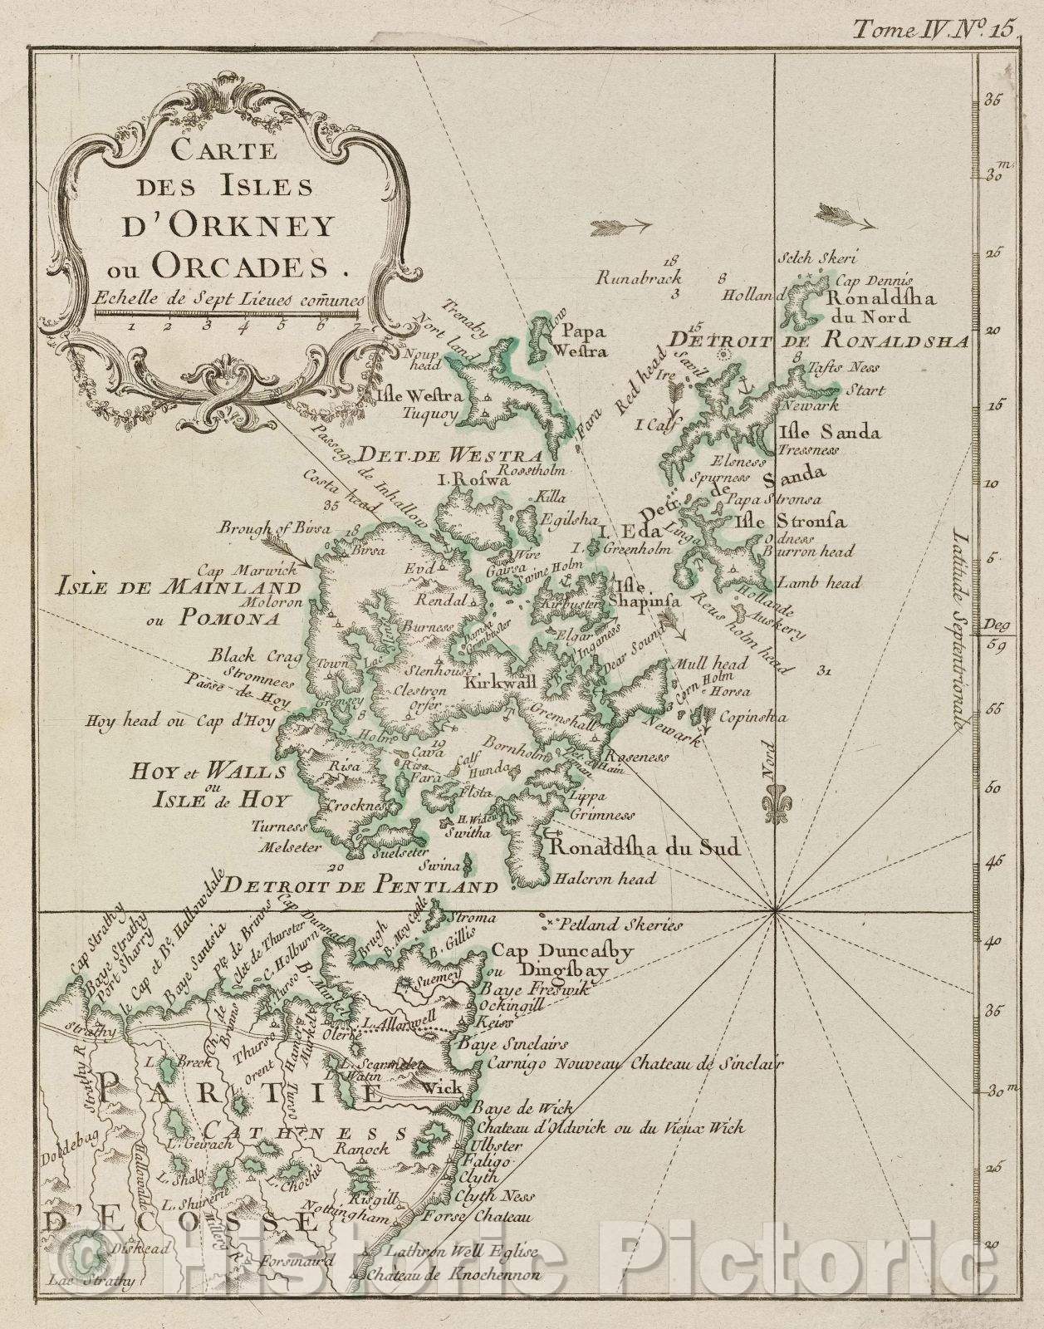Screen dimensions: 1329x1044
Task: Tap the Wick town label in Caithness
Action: tap(441, 1087)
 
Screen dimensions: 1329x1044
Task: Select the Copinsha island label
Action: tap(753, 717)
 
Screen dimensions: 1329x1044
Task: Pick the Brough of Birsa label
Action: tap(275, 527)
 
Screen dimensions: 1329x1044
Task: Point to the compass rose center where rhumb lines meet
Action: tap(775, 910)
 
